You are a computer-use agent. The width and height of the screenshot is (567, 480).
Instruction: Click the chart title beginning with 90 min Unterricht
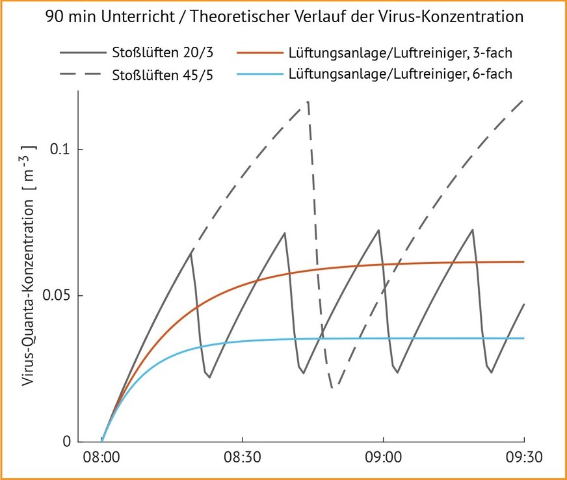pyautogui.click(x=284, y=18)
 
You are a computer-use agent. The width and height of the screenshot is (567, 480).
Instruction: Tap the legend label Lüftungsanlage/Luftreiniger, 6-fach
pyautogui.click(x=400, y=74)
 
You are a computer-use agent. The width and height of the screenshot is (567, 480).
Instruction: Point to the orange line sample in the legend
pyautogui.click(x=259, y=53)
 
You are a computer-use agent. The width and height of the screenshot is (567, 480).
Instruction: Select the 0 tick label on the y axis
pyautogui.click(x=66, y=442)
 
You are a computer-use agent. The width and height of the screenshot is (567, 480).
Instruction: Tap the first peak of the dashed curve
pyautogui.click(x=308, y=101)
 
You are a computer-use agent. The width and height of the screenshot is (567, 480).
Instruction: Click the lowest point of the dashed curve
pyautogui.click(x=332, y=388)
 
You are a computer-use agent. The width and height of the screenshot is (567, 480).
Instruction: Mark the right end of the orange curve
pyautogui.click(x=523, y=261)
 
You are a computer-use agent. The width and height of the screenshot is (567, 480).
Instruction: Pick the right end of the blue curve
pyautogui.click(x=523, y=338)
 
